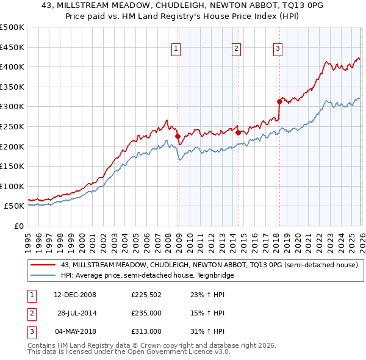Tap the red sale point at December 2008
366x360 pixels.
click(178, 137)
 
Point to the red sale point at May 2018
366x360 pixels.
click(279, 101)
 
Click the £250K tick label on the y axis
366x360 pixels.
click(12, 126)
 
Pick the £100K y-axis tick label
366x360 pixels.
click(12, 186)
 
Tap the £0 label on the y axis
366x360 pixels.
click(18, 226)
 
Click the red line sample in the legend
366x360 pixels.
click(43, 265)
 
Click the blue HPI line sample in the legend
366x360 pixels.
click(43, 276)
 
